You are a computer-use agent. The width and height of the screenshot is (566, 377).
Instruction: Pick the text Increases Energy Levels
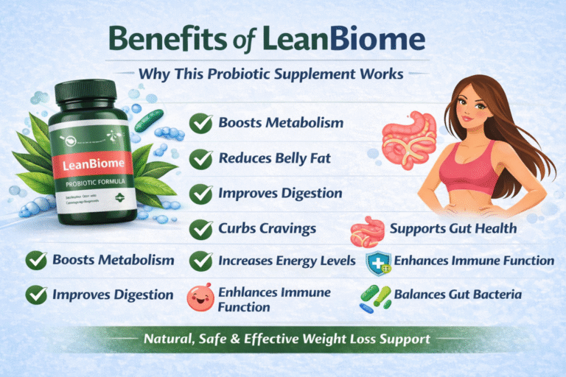tap(287, 261)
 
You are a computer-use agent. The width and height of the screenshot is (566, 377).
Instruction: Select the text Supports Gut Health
tap(453, 228)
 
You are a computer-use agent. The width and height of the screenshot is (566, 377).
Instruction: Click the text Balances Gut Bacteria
tap(458, 295)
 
